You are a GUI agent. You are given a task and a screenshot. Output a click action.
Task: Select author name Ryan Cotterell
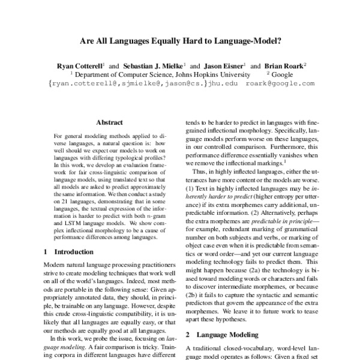coord(79,65)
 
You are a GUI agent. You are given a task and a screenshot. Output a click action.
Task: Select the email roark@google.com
coord(280,84)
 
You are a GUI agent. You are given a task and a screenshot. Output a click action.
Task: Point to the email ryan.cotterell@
coord(82,84)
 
